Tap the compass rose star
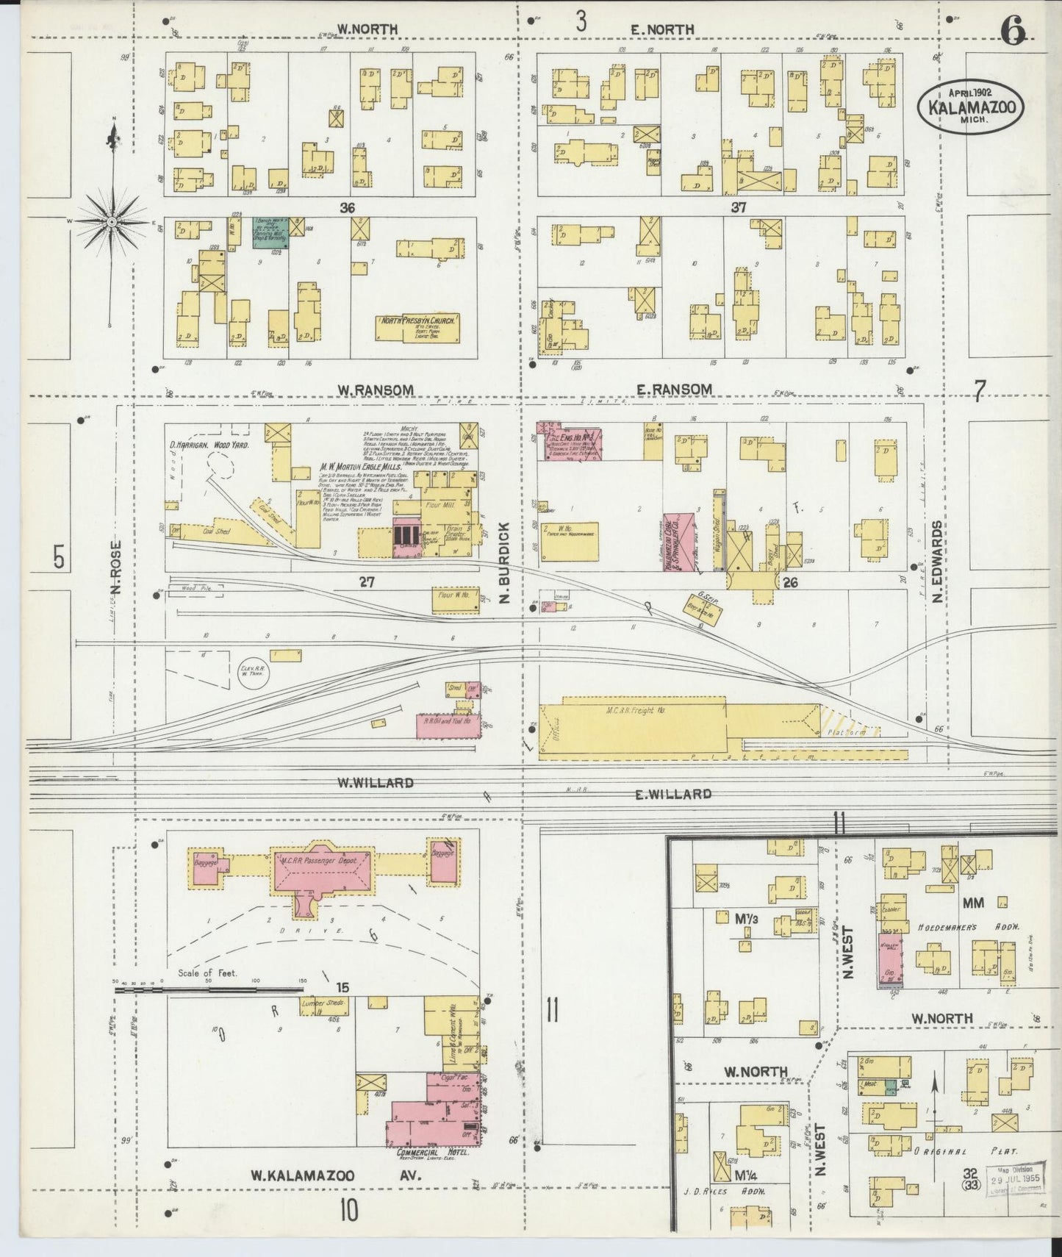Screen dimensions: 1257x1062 111,221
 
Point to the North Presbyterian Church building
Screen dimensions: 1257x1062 418,327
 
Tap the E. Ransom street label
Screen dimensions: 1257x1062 674,389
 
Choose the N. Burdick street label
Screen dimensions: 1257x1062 504,562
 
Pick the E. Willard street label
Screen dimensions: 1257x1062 673,794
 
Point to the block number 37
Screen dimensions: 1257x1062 738,208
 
